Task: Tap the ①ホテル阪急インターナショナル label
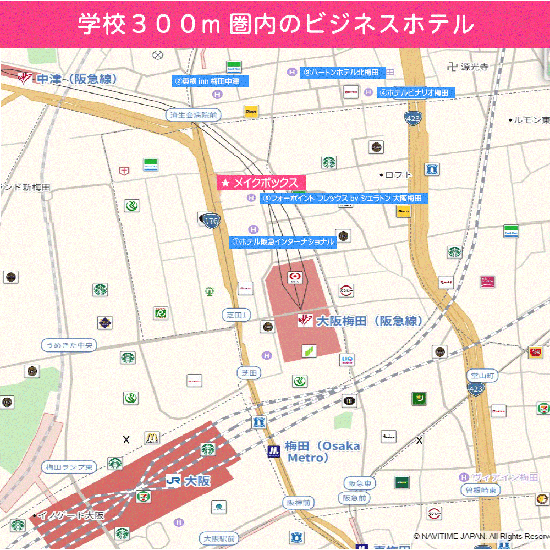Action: click(x=283, y=241)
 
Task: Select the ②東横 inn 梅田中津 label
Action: click(x=211, y=81)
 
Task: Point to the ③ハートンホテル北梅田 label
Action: click(x=343, y=73)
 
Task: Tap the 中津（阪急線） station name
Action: click(x=76, y=79)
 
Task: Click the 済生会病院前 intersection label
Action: click(x=193, y=115)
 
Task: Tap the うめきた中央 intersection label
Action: click(x=69, y=345)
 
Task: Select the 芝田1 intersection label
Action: click(x=237, y=315)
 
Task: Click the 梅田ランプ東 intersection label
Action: click(x=69, y=467)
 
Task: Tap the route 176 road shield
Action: click(x=211, y=221)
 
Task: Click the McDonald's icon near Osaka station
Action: click(x=152, y=438)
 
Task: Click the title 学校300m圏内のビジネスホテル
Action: click(x=275, y=24)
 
